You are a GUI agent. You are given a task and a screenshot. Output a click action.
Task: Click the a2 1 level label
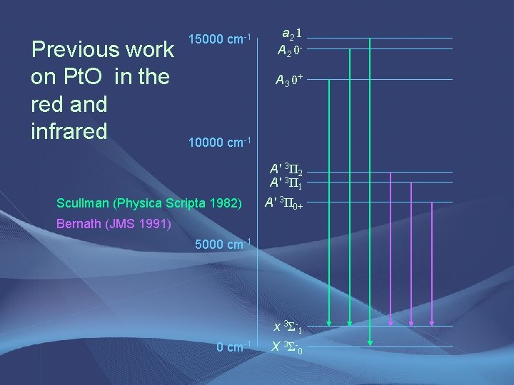[x=291, y=34]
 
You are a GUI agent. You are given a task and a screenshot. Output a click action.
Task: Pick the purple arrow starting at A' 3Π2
[x=391, y=250]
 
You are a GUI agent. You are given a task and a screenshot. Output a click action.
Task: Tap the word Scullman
[x=86, y=202]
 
